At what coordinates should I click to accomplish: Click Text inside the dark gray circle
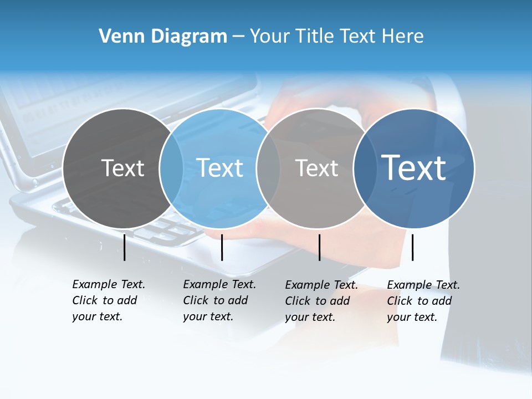122,168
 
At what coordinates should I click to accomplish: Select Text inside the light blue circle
219,168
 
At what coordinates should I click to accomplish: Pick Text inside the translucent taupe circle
316,168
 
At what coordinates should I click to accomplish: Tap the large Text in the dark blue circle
414,167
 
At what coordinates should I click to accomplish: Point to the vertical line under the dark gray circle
124,247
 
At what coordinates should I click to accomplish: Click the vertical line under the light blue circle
222,247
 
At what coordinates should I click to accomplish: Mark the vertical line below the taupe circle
319,247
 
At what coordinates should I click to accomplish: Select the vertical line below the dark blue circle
413,247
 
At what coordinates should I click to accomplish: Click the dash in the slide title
238,37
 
